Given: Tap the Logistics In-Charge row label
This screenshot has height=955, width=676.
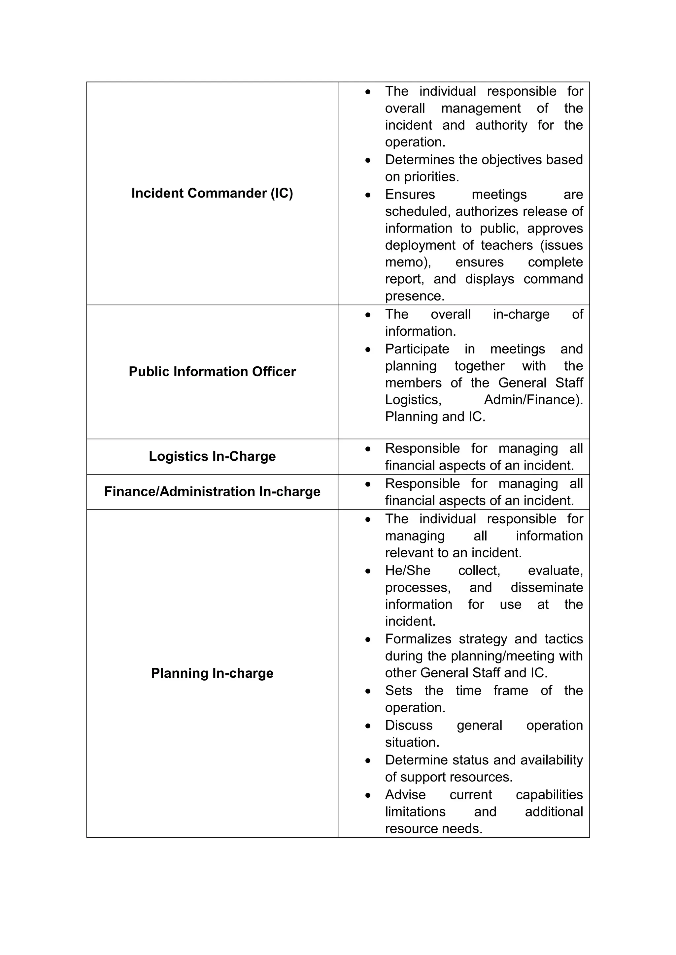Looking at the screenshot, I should click(212, 456).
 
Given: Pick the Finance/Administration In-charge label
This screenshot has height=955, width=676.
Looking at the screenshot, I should click(212, 492).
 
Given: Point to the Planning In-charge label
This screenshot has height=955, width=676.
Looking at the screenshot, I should click(212, 673).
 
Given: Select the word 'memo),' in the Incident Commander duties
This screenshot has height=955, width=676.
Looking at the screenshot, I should click(408, 262).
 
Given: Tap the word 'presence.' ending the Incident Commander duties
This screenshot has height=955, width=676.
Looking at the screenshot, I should click(415, 296).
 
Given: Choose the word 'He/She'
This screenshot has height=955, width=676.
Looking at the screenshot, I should click(408, 570).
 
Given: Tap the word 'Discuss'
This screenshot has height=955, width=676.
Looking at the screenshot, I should click(408, 725).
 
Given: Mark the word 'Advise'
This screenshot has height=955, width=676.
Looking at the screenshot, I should click(405, 794).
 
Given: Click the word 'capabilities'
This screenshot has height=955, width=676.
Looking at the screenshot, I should click(549, 794).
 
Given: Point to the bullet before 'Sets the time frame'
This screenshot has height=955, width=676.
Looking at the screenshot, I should click(368, 691).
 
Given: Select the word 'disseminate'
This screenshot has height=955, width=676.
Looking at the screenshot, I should click(547, 587).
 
